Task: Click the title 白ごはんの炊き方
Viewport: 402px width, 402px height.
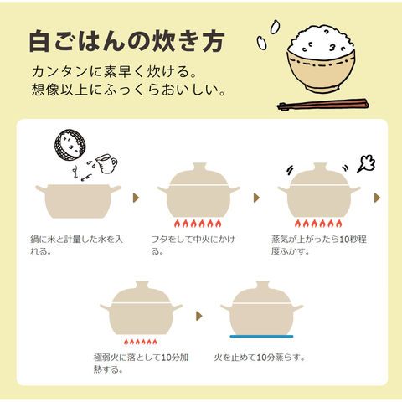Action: pyautogui.click(x=127, y=41)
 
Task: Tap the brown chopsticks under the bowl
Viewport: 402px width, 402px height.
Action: pyautogui.click(x=322, y=105)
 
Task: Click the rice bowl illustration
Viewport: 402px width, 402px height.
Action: pyautogui.click(x=321, y=59)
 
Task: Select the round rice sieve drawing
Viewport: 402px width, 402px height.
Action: pyautogui.click(x=70, y=145)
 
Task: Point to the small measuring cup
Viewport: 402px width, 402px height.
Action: pyautogui.click(x=106, y=163)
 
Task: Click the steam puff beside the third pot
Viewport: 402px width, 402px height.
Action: pyautogui.click(x=366, y=164)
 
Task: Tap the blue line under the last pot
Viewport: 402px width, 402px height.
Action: pyautogui.click(x=261, y=337)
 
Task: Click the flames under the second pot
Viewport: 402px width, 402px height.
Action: pyautogui.click(x=198, y=224)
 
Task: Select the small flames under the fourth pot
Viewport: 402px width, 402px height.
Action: pyautogui.click(x=141, y=342)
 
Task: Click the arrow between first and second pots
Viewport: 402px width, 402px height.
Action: pyautogui.click(x=136, y=198)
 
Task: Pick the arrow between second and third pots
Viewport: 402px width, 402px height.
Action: pyautogui.click(x=256, y=198)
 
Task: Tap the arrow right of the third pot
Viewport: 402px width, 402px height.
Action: pyautogui.click(x=377, y=198)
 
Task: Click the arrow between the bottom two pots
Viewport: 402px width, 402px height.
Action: pyautogui.click(x=199, y=316)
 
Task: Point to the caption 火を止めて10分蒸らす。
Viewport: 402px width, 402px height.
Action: pyautogui.click(x=260, y=358)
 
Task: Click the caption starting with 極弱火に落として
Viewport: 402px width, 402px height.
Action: pyautogui.click(x=141, y=363)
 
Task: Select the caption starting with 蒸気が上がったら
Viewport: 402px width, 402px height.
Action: pyautogui.click(x=318, y=245)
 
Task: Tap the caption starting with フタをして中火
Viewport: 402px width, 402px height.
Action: pyautogui.click(x=193, y=245)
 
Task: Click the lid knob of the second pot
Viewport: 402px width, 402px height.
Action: pyautogui.click(x=199, y=167)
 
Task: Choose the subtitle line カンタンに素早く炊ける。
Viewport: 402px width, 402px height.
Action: pyautogui.click(x=115, y=72)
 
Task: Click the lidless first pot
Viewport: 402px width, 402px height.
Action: pyautogui.click(x=78, y=201)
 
